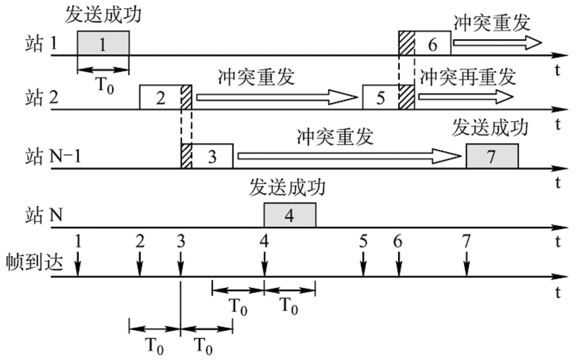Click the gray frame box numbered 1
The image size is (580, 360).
click(x=103, y=43)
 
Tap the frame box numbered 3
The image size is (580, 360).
click(x=212, y=156)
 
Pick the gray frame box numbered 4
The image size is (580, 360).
click(x=289, y=215)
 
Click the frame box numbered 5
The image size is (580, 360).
click(x=381, y=98)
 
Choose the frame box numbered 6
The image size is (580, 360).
click(x=432, y=44)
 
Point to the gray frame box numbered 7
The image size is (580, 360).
click(x=492, y=156)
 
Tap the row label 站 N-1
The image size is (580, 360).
click(x=53, y=156)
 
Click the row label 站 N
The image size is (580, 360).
click(x=44, y=215)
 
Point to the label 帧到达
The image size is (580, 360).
click(x=34, y=261)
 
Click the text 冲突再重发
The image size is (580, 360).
click(x=467, y=77)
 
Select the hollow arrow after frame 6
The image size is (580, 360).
click(x=497, y=42)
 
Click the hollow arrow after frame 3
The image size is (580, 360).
click(x=349, y=156)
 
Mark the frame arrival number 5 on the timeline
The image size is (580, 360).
click(x=363, y=241)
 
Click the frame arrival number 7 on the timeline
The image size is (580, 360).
click(x=467, y=241)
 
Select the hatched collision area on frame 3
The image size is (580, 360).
click(x=187, y=156)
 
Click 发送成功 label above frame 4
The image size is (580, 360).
click(x=287, y=187)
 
